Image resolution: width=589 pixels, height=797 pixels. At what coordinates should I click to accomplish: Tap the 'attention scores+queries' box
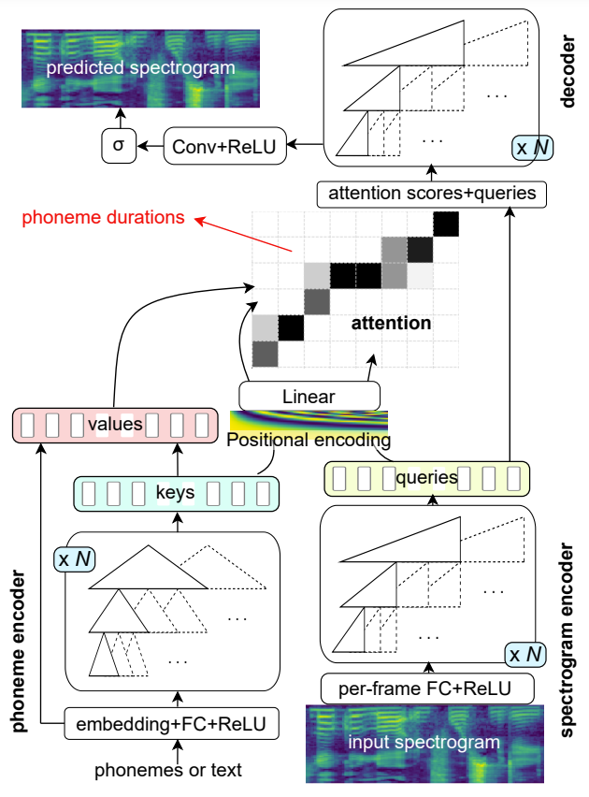click(430, 194)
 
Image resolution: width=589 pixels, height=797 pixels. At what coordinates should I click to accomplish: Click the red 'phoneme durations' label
click(103, 218)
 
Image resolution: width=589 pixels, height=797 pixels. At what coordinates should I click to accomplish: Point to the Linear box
click(310, 396)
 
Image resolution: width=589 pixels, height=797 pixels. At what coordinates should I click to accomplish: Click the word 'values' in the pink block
click(114, 425)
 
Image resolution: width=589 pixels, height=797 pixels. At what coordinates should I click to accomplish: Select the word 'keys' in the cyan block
click(176, 490)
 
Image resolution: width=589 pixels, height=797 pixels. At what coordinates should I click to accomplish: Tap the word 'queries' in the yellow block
click(426, 477)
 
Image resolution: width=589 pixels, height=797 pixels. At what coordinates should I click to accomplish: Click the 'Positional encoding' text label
click(309, 439)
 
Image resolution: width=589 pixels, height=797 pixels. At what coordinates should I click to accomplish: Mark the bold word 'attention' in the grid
click(391, 324)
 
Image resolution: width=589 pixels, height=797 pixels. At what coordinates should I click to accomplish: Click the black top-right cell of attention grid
click(447, 225)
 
